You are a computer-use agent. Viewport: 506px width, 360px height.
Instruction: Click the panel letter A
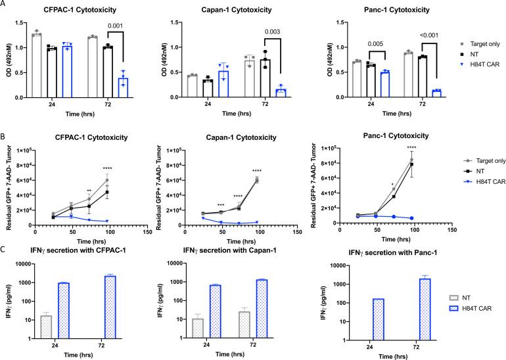[5, 5]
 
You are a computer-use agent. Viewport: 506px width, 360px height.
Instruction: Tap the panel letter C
[5, 248]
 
